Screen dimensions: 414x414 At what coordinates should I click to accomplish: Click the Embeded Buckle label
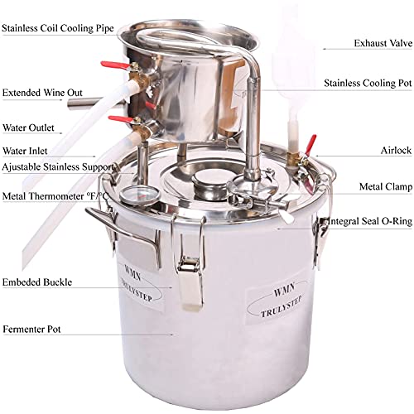point(36,282)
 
